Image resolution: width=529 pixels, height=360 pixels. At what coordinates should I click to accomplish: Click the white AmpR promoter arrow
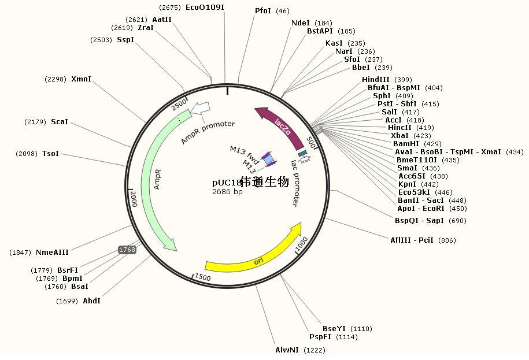[x=200, y=108]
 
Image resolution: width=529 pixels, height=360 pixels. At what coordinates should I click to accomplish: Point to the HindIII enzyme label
[x=375, y=80]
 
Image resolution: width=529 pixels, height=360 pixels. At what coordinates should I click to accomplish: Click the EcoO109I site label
[x=205, y=7]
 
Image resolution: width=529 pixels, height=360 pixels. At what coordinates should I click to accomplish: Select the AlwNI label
[x=287, y=350]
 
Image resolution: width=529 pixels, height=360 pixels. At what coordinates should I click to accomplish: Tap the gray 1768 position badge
[x=127, y=250]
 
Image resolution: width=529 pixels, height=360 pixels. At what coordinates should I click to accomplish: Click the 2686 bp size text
[x=227, y=192]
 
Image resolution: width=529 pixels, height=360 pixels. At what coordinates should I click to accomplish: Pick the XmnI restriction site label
[x=81, y=79]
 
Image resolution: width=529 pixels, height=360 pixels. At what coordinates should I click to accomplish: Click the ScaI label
[x=60, y=122]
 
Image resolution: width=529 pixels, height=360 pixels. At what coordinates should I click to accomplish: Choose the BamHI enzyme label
[x=406, y=143]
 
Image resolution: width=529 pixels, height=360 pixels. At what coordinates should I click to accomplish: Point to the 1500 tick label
[x=203, y=277]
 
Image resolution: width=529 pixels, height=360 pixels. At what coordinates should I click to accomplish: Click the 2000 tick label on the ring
[x=134, y=199]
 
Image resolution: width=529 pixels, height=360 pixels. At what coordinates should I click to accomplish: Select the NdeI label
[x=300, y=23]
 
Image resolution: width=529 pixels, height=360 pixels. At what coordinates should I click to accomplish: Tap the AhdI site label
[x=91, y=300]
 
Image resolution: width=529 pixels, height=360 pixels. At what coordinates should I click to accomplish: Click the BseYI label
[x=334, y=329]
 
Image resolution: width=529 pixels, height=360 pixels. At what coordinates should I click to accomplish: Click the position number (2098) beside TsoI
[x=27, y=154]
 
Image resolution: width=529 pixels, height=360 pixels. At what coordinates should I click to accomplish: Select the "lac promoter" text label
[x=295, y=183]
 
